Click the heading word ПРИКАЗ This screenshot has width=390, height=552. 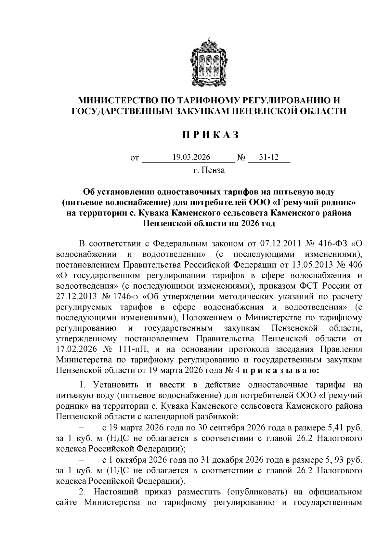(x=210, y=135)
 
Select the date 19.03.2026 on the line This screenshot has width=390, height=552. (x=191, y=157)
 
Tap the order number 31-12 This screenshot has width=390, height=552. (x=268, y=157)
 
